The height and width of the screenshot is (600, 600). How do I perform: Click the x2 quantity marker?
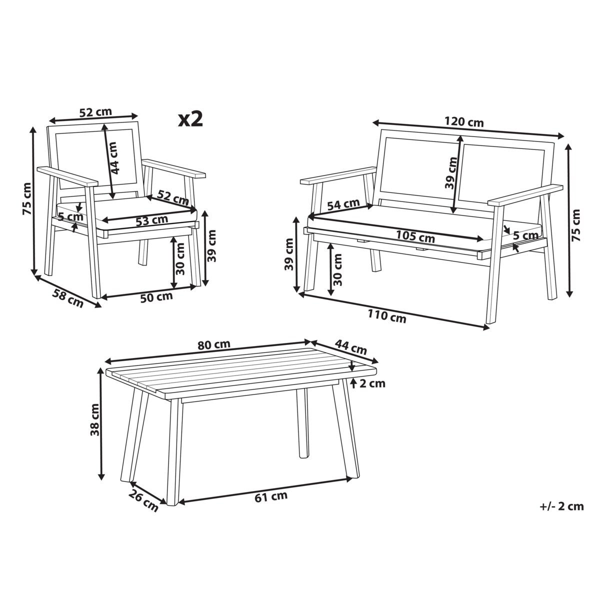(190, 119)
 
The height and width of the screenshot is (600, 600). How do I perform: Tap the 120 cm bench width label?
(464, 121)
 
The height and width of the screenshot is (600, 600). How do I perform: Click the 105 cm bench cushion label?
(415, 236)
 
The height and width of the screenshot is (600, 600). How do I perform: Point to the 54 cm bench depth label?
(343, 204)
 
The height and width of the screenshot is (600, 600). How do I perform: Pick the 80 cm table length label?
(214, 344)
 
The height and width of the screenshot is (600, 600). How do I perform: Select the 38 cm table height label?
(94, 419)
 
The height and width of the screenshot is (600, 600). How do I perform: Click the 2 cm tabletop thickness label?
(372, 383)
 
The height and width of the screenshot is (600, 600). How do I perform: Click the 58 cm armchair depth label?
(68, 298)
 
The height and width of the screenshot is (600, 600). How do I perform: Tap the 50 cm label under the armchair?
(156, 297)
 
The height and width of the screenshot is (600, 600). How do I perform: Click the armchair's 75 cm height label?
(27, 198)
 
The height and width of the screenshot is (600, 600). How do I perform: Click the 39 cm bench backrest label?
(451, 173)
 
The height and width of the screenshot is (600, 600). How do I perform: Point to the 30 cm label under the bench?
(337, 269)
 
